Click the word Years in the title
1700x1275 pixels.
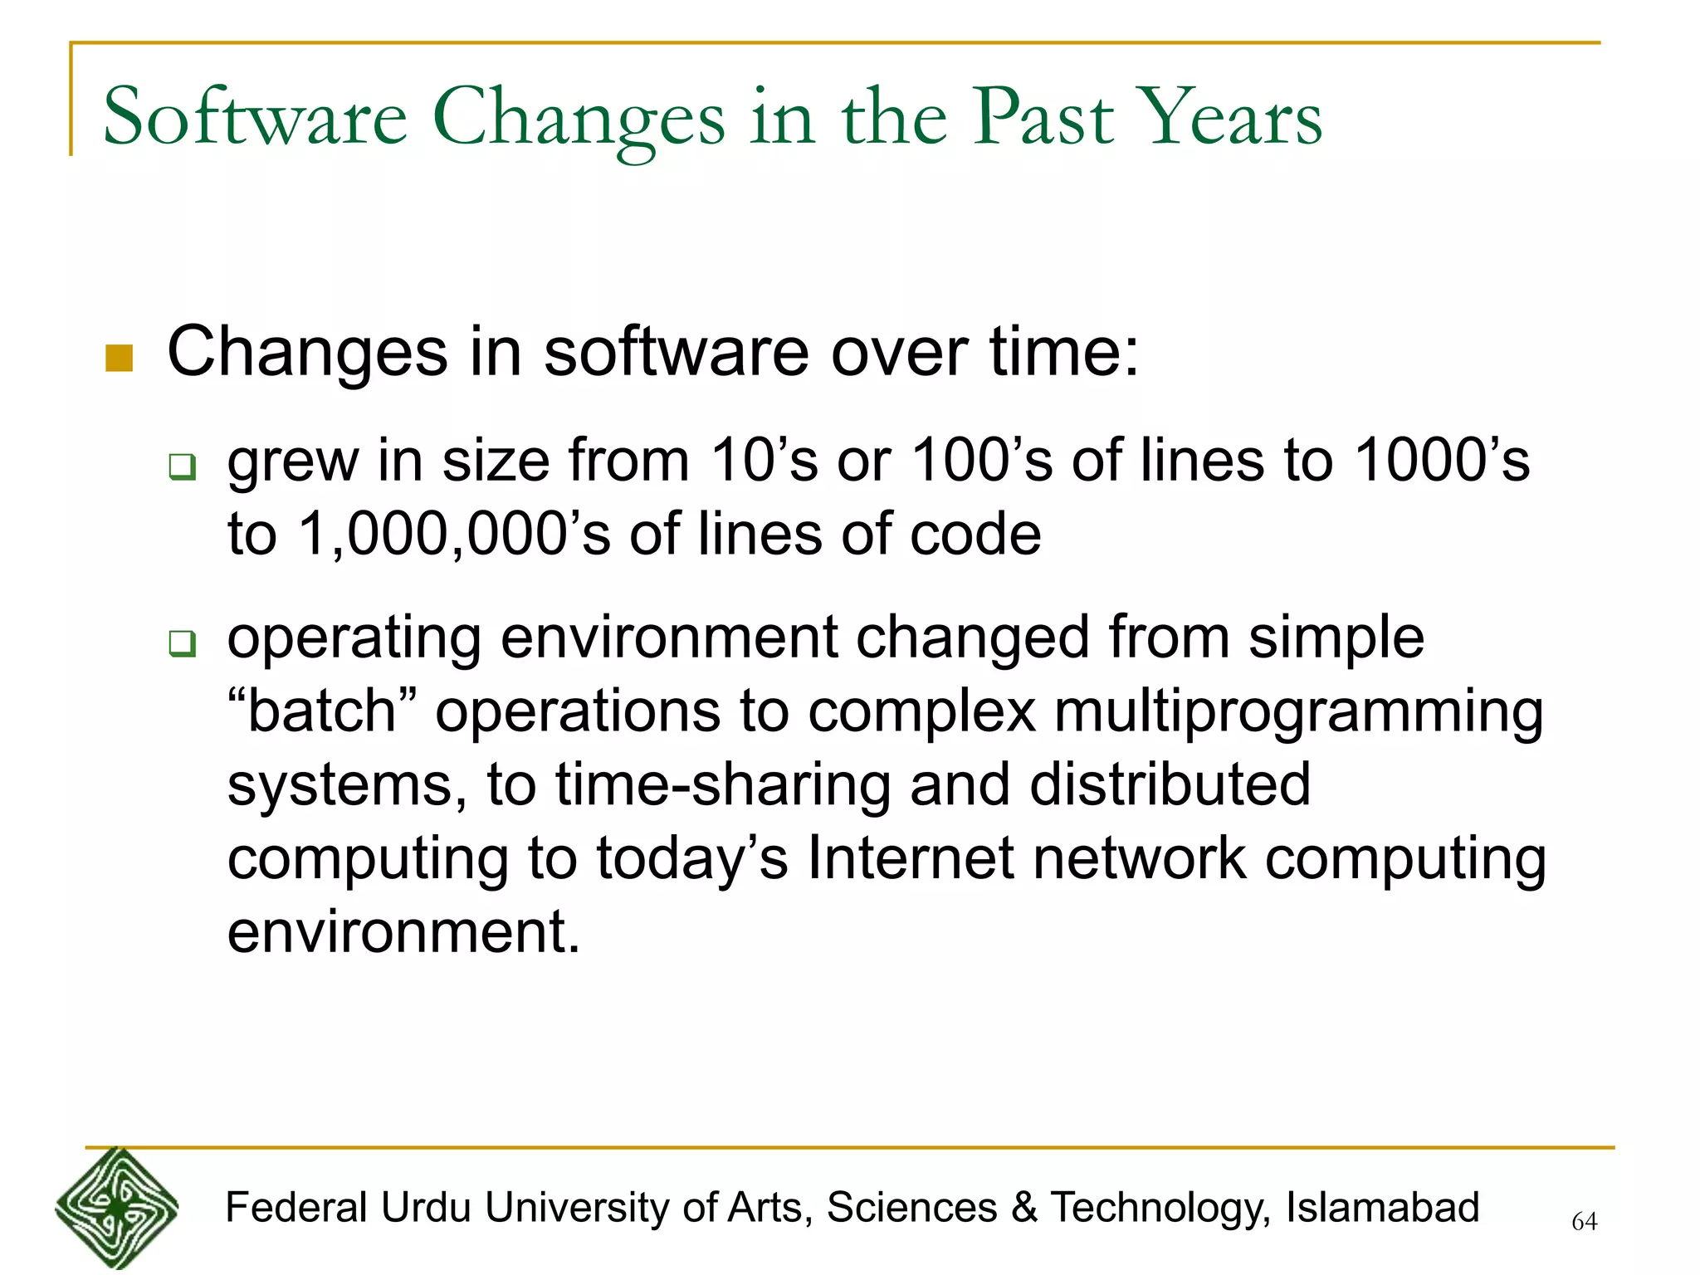coord(1229,118)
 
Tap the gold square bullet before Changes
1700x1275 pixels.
coord(120,358)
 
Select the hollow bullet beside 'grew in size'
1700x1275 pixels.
coord(183,467)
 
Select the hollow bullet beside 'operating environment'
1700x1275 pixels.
coord(183,643)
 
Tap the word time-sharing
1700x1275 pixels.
coord(722,784)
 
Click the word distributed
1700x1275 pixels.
coord(1170,784)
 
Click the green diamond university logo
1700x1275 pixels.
coord(117,1209)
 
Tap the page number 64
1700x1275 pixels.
coord(1584,1222)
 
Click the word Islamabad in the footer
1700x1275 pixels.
coord(1382,1208)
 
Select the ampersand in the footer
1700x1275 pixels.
coord(1024,1208)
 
